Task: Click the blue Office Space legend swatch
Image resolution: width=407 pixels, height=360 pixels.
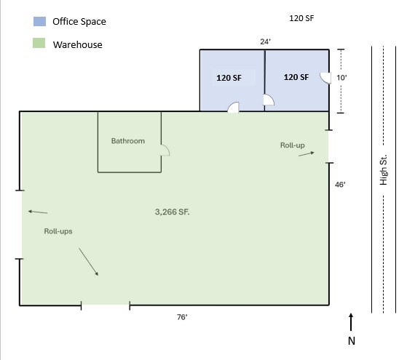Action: click(39, 21)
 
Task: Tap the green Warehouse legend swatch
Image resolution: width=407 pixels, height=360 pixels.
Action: click(39, 44)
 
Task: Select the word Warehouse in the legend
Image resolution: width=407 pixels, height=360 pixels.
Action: click(77, 44)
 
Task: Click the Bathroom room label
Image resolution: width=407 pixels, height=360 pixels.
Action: click(128, 141)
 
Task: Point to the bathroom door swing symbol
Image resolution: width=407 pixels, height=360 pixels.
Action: click(165, 151)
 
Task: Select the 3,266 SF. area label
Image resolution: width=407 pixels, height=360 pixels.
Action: click(177, 212)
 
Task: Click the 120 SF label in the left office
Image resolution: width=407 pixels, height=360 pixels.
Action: click(229, 77)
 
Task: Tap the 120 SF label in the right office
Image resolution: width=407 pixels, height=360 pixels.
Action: click(296, 77)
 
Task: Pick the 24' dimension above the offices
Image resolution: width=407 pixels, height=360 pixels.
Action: click(266, 41)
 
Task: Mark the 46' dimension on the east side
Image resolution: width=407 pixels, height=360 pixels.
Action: click(339, 185)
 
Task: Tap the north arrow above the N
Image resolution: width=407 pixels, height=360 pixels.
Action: click(352, 322)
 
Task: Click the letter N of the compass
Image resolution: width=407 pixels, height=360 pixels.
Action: click(352, 340)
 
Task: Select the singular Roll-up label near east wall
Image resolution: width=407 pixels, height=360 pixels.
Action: click(293, 145)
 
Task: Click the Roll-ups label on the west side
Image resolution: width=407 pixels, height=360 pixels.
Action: click(58, 231)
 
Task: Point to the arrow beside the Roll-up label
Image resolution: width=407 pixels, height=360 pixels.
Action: click(307, 153)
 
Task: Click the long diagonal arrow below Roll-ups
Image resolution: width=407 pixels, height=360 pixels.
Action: click(87, 261)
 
